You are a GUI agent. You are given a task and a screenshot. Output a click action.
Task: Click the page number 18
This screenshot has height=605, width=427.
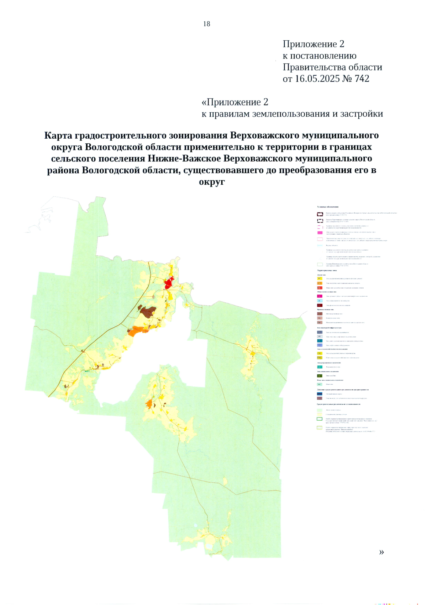coord(207,24)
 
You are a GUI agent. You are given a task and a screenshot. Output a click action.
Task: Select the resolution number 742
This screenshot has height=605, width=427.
coord(362,79)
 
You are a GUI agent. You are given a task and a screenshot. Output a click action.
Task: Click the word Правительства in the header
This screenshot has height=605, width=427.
coord(313,67)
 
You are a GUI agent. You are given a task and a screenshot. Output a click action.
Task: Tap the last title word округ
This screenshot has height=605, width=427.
coord(212,182)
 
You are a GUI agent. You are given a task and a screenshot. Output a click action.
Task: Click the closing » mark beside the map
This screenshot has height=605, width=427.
coord(381,552)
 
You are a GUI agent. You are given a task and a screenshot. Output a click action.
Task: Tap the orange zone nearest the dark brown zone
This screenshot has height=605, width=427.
coord(137,330)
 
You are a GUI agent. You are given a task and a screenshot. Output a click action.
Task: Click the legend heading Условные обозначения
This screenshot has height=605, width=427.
coord(328,207)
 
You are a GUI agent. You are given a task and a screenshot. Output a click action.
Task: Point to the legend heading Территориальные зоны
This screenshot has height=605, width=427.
coord(327,271)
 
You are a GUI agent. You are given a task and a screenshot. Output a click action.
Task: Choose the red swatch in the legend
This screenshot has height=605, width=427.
coord(320,288)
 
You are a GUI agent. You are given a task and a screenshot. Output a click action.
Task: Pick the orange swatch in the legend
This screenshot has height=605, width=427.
coord(320,283)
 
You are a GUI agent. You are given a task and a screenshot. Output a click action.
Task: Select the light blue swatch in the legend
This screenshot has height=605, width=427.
coord(320,301)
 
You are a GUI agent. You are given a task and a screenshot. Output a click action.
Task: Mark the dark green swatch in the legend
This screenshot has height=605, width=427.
coord(320,376)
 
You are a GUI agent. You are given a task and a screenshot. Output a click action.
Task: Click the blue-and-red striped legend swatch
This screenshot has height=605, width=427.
coord(320,394)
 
